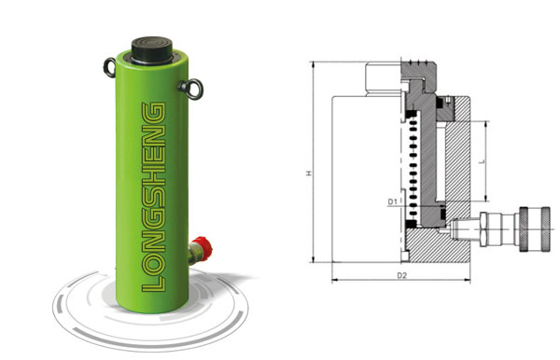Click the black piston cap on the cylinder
(152, 49)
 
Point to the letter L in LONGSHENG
(154, 284)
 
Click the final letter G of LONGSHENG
(154, 112)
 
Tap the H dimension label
(309, 173)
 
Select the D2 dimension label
(401, 275)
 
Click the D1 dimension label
(392, 201)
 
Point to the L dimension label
(483, 161)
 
